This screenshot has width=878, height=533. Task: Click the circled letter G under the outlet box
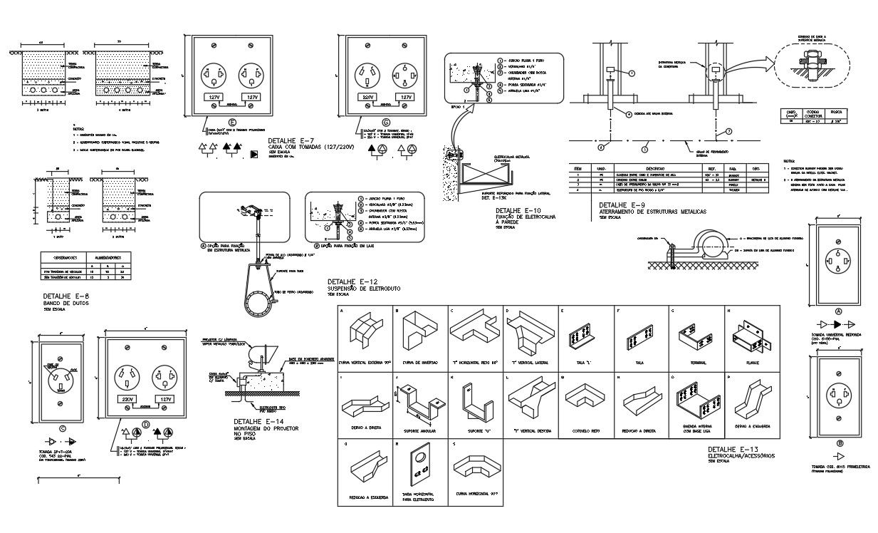(387, 123)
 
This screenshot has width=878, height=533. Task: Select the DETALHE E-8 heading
(66, 296)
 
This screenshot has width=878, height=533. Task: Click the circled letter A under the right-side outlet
(838, 311)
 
